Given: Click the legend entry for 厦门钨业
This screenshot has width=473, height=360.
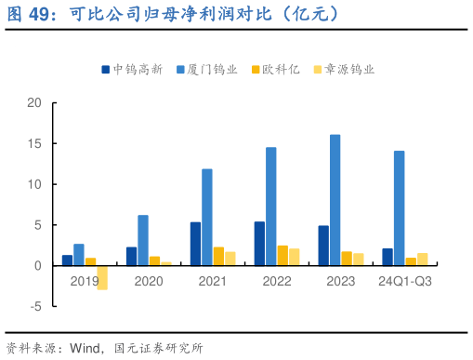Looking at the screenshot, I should [209, 69].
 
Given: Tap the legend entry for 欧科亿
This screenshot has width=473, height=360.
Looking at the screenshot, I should [280, 69].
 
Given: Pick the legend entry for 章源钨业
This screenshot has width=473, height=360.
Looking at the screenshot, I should [344, 69].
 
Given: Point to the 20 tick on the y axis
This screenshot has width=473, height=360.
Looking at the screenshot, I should [34, 103].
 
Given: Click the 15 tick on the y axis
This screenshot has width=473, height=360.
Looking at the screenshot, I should [34, 144].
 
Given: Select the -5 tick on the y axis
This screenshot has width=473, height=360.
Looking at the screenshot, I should [34, 306].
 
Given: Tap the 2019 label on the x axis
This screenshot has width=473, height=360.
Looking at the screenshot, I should [85, 280].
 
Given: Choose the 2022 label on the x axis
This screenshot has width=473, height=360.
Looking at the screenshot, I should [276, 280].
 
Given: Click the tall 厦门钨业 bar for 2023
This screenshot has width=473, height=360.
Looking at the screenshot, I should [335, 200].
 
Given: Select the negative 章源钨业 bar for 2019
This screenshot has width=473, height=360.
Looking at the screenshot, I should [102, 277].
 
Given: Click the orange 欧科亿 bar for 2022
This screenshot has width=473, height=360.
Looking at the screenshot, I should [282, 255].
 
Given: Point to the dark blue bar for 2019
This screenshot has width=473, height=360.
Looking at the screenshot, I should [67, 260].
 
